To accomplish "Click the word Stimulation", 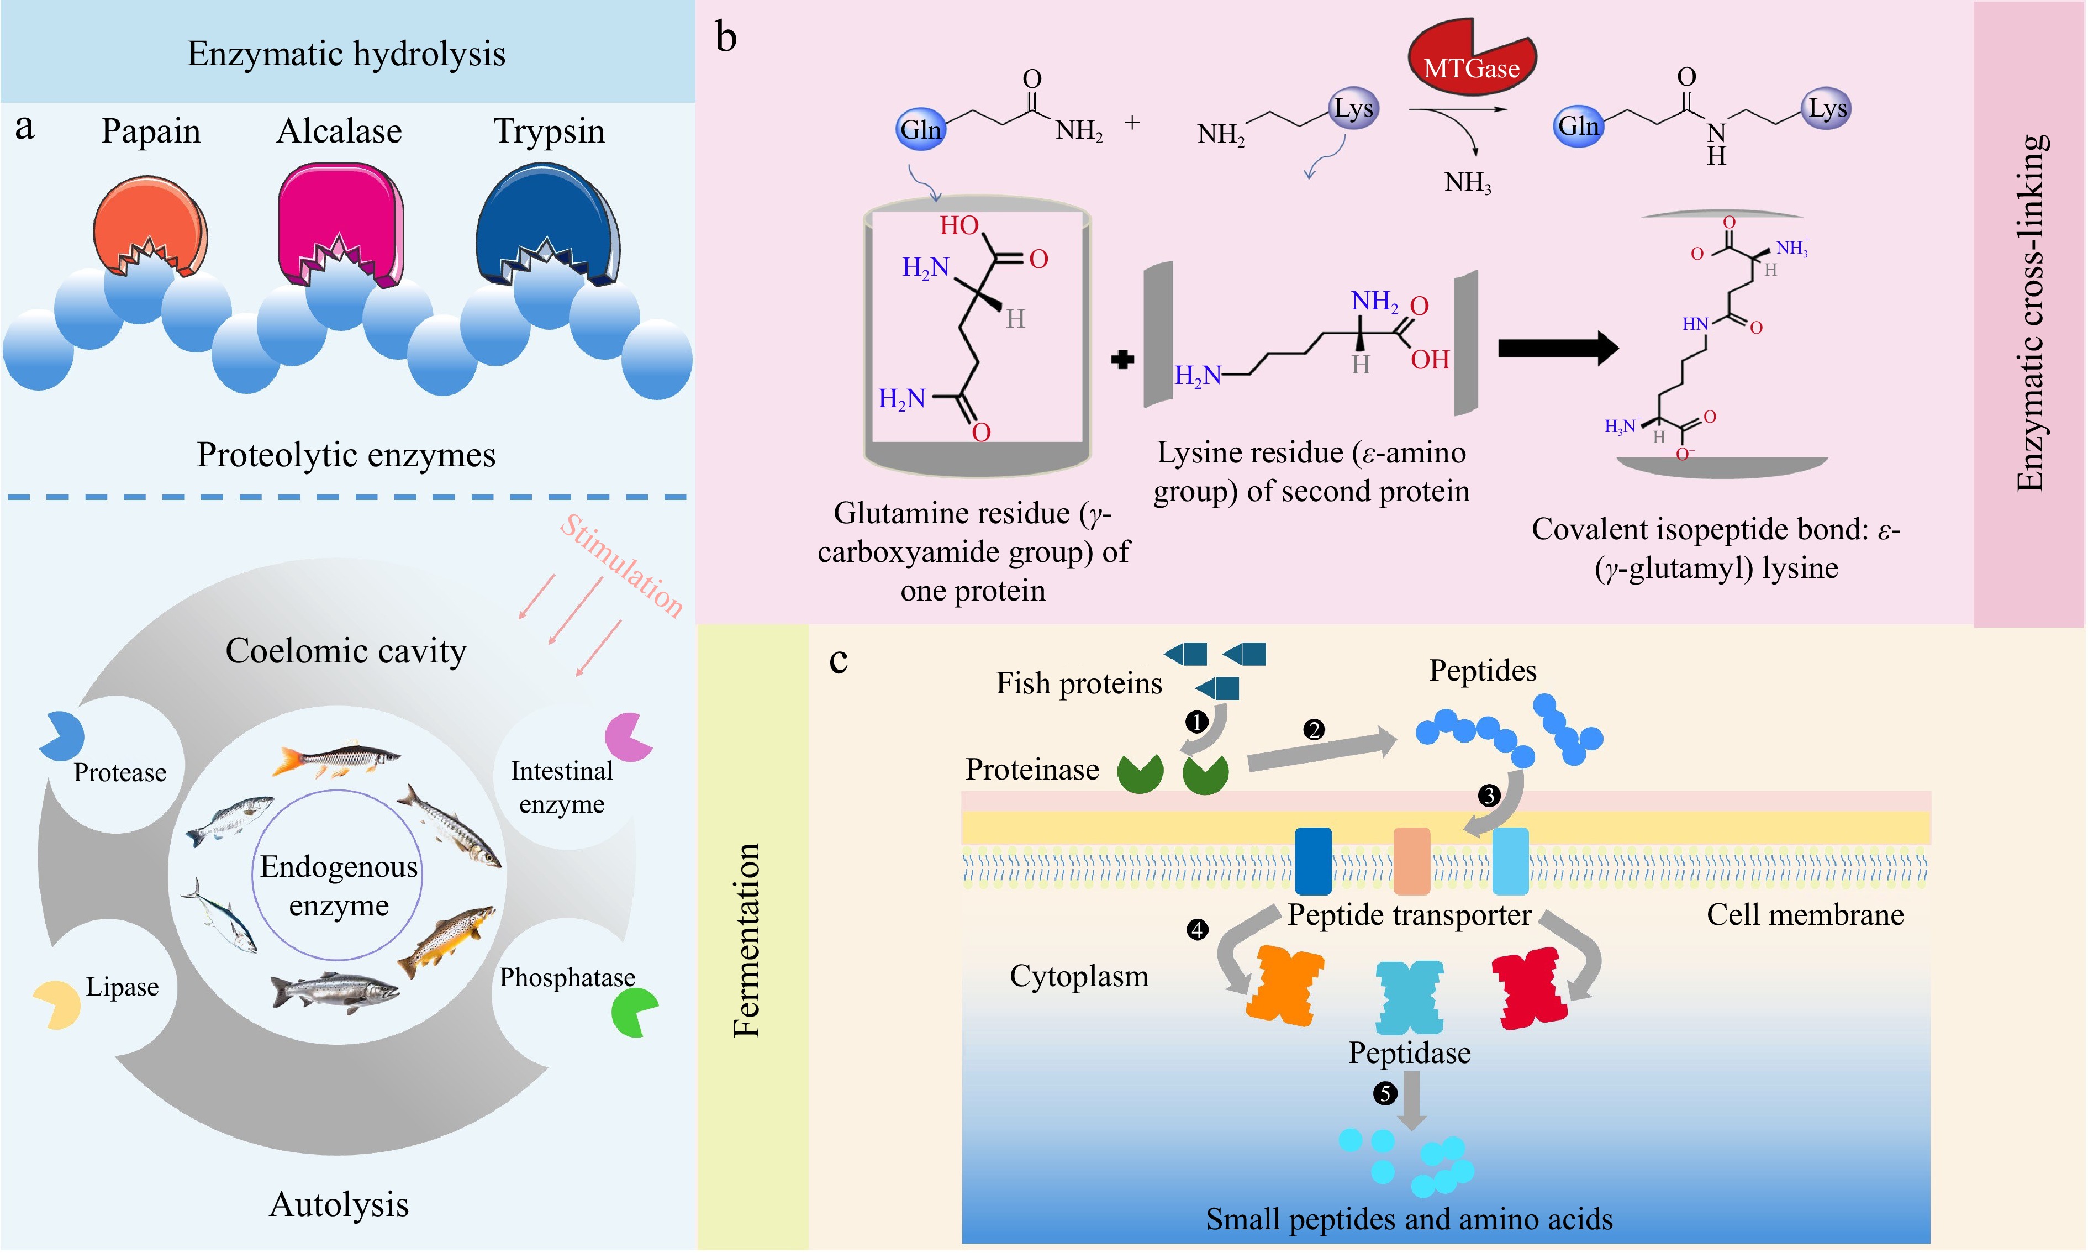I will coord(622,566).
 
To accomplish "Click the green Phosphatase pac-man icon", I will coord(633,1012).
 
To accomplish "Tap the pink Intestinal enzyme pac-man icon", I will coord(627,736).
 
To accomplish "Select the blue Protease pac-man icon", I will coord(62,735).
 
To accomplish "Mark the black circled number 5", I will coord(1384,1093).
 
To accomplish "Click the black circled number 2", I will coord(1313,729).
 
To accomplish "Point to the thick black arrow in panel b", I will coord(1558,348).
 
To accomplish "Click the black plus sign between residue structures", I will coord(1122,360).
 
